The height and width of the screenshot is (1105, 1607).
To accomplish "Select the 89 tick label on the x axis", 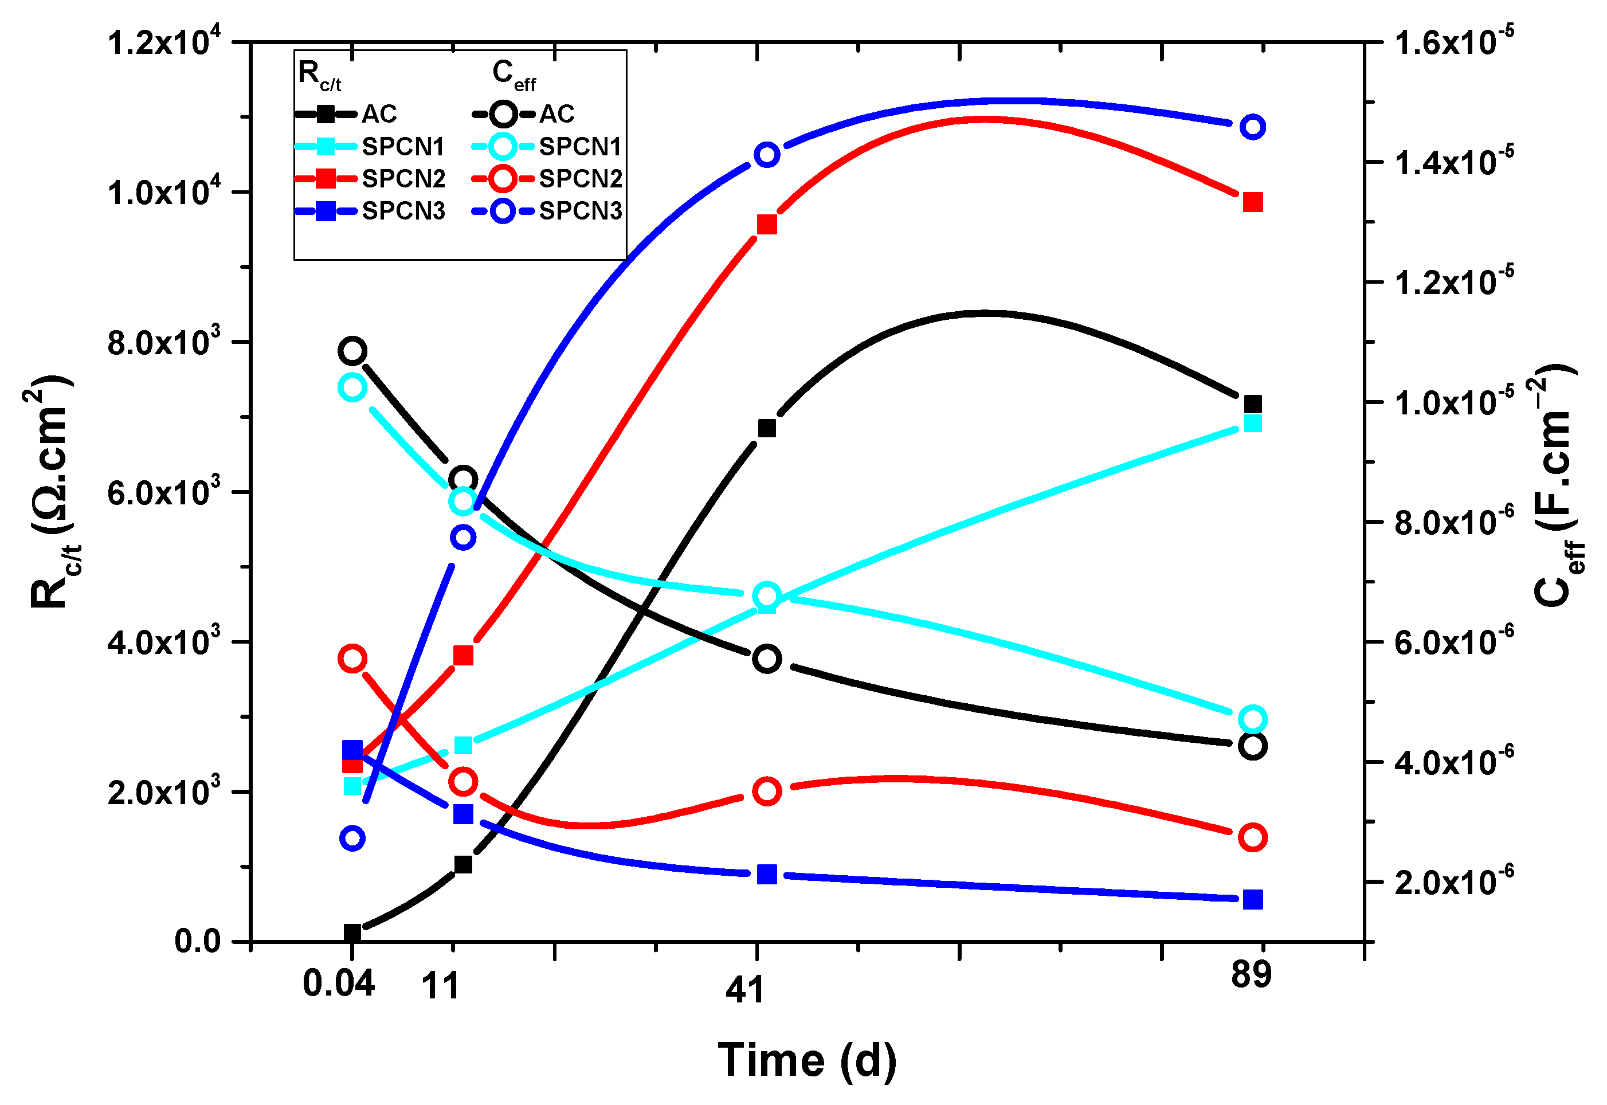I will point(1251,975).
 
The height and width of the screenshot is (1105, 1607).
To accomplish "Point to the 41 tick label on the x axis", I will point(744,990).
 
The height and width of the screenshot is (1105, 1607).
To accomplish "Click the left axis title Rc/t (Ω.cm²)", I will point(52,492).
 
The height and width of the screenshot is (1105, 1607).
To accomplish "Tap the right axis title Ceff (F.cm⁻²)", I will point(1557,485).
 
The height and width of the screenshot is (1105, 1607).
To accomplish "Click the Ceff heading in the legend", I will point(513,74).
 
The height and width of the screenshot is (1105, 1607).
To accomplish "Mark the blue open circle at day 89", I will point(1252,127).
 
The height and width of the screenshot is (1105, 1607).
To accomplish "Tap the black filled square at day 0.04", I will point(352,933).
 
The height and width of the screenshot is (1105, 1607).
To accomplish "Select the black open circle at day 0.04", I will point(352,351).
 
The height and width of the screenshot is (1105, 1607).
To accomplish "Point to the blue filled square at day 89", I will point(1252,900).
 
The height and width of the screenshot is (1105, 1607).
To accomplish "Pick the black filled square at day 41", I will point(766,429).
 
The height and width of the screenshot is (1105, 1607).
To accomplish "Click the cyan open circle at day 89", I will point(1252,719).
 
